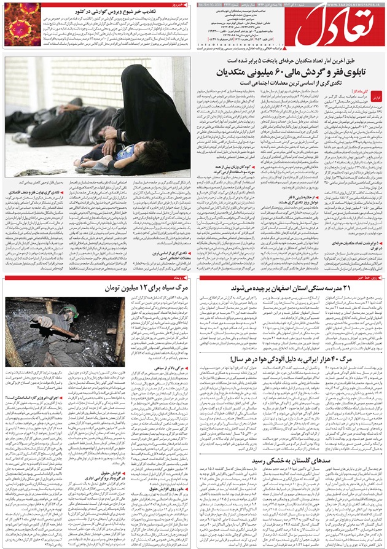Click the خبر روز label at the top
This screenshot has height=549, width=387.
[178, 4]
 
